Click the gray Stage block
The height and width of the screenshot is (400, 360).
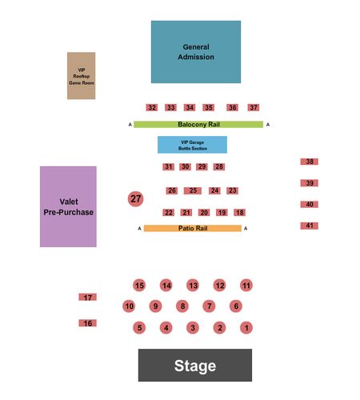click(x=195, y=365)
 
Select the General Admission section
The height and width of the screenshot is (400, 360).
click(x=196, y=52)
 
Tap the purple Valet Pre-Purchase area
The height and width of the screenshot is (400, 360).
click(x=68, y=206)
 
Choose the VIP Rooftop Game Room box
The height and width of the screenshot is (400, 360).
click(x=82, y=76)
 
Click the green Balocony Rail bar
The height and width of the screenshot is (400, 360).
click(x=198, y=125)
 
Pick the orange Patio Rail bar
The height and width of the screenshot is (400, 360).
click(x=193, y=228)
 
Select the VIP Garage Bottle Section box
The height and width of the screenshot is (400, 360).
click(x=192, y=145)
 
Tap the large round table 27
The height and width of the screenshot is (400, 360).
click(x=136, y=199)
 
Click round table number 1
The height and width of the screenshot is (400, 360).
click(x=246, y=328)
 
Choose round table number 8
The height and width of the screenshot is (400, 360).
click(x=182, y=306)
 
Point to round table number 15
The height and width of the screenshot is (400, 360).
click(x=139, y=286)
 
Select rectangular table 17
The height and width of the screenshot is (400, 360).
click(x=88, y=297)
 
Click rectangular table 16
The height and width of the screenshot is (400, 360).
click(x=88, y=323)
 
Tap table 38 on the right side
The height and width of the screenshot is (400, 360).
click(x=310, y=162)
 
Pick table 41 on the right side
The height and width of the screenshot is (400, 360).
click(x=310, y=226)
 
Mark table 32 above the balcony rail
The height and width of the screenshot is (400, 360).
click(x=152, y=107)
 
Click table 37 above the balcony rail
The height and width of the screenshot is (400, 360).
click(x=254, y=107)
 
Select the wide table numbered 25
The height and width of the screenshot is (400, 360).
click(x=193, y=190)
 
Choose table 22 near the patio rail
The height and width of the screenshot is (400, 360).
click(x=169, y=213)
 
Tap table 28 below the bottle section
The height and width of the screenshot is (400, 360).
click(x=219, y=166)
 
